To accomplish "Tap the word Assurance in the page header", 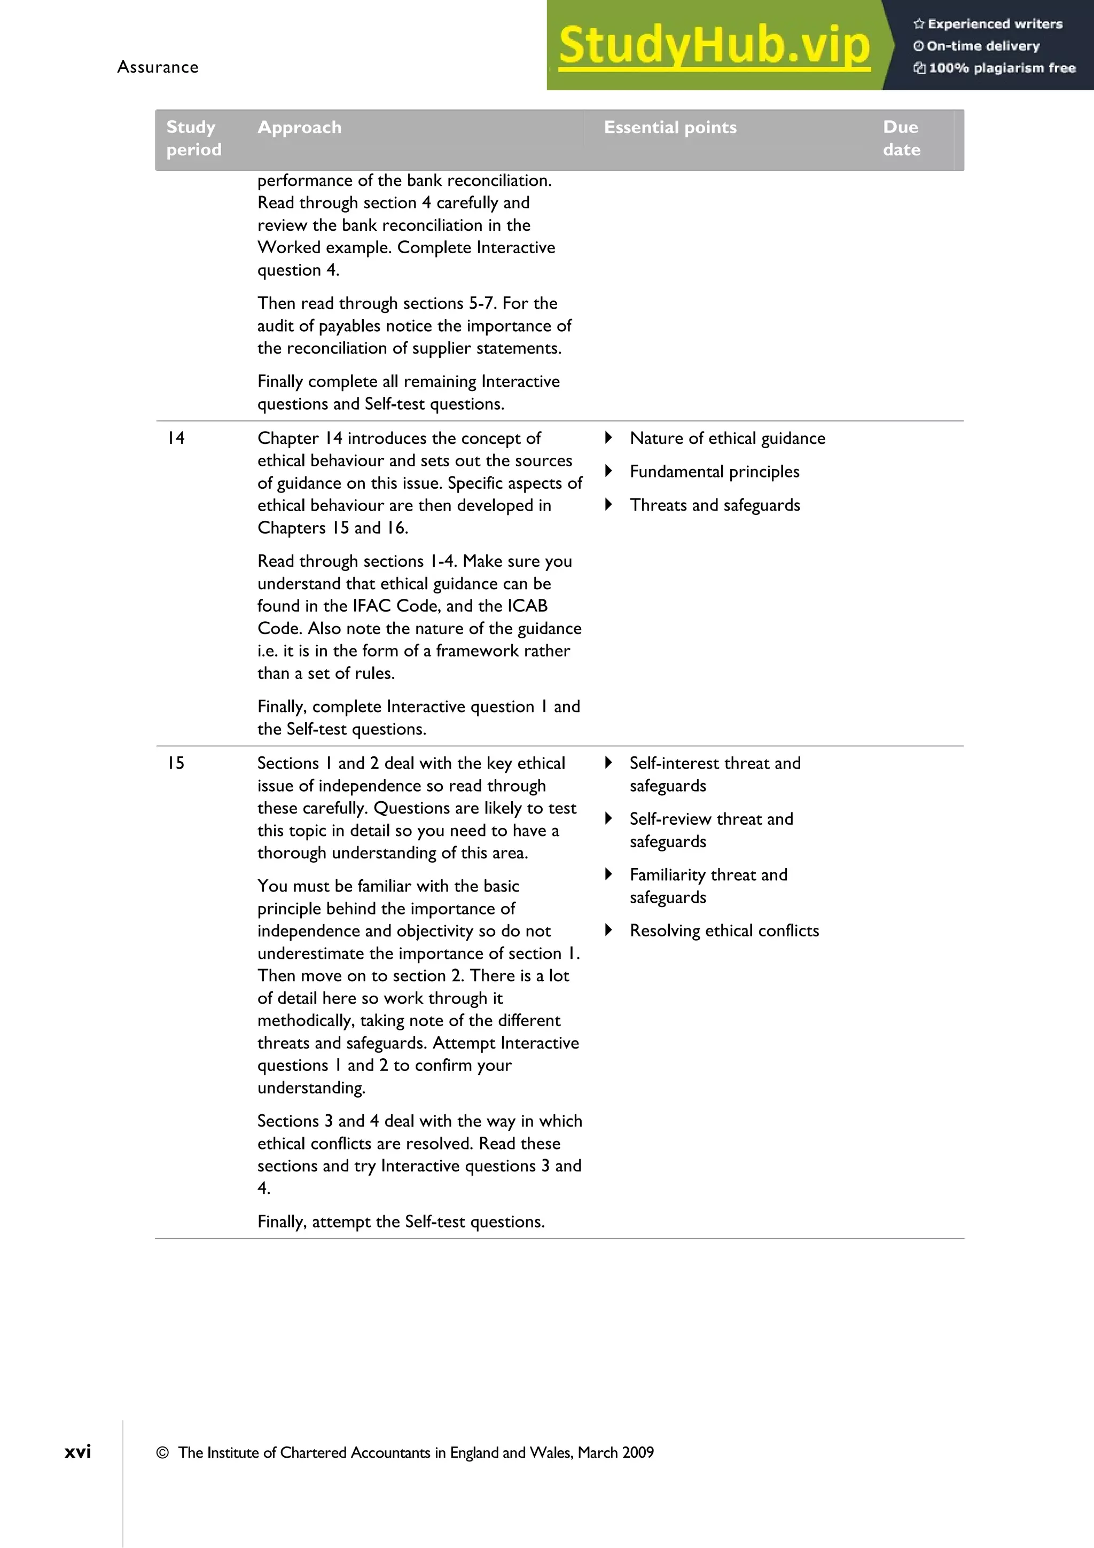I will click(x=158, y=67).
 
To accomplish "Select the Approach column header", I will click(x=299, y=128).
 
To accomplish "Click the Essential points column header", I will click(x=670, y=128).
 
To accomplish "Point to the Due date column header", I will click(x=901, y=138).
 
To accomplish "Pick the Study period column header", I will click(x=193, y=138).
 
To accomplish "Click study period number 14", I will click(x=176, y=438).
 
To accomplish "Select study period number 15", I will click(x=176, y=763).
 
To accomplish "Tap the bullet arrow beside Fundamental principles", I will click(x=608, y=471).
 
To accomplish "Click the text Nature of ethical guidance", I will click(x=728, y=438).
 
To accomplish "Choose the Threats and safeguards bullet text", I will click(x=715, y=505).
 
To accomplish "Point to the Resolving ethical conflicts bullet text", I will click(x=724, y=931).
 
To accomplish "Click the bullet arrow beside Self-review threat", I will click(x=608, y=818).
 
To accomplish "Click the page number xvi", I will click(x=77, y=1452).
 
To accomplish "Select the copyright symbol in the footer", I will click(x=162, y=1453).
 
